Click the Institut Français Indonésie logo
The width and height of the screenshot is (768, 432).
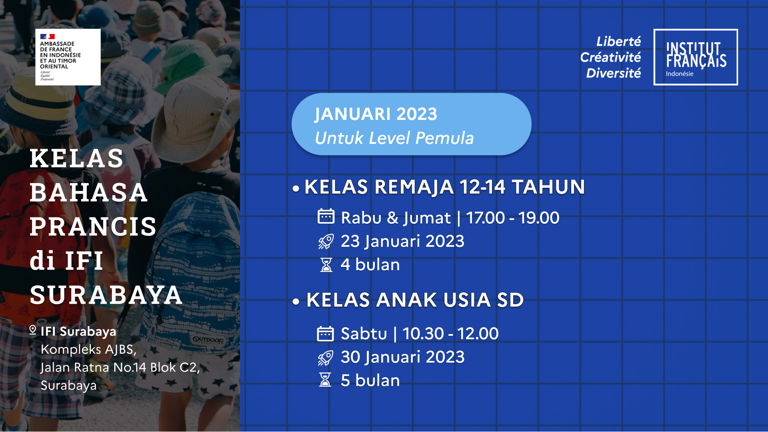[696, 57]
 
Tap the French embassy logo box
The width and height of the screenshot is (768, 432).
[68, 57]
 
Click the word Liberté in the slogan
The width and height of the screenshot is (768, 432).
[618, 42]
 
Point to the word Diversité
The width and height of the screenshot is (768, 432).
[614, 73]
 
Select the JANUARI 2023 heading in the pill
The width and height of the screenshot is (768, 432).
[376, 114]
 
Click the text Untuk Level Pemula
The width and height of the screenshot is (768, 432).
[394, 138]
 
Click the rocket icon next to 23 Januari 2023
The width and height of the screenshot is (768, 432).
[326, 241]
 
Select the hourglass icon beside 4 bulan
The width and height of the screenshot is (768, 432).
[326, 265]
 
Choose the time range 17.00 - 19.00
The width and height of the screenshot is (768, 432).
[513, 218]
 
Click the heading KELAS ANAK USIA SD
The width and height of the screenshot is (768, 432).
[415, 300]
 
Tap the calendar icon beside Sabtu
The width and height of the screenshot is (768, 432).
[325, 334]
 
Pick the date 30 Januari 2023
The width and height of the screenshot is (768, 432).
[402, 357]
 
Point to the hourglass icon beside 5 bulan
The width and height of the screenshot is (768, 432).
[325, 380]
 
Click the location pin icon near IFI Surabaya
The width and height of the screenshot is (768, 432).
[33, 330]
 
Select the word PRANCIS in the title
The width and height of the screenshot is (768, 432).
[93, 227]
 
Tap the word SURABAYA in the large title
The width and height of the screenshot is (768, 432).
[106, 295]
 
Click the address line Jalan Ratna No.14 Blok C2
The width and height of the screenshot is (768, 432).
[120, 367]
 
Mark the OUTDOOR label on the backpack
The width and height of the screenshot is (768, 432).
[208, 340]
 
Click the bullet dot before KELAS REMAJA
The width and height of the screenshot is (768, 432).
[296, 188]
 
